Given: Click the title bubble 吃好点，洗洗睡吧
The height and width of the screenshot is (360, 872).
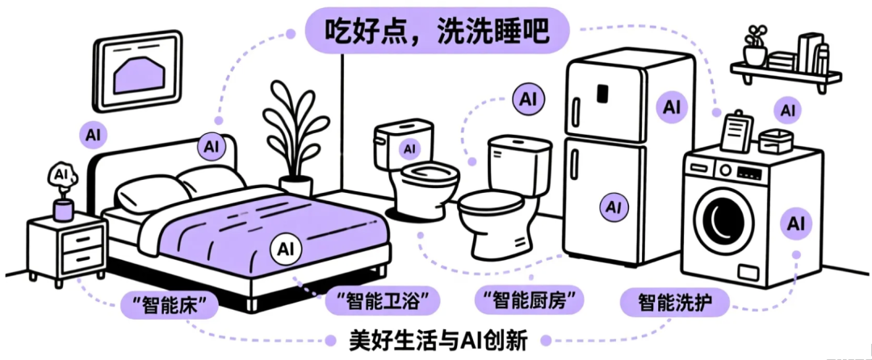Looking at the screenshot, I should pyautogui.click(x=436, y=33).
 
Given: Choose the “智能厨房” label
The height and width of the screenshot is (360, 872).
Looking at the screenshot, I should pyautogui.click(x=529, y=302).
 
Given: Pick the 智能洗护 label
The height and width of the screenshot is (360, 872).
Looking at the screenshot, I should pyautogui.click(x=676, y=303).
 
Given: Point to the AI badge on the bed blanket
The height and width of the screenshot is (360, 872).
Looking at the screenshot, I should pyautogui.click(x=286, y=246).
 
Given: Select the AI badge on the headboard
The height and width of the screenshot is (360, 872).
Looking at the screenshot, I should pyautogui.click(x=212, y=147).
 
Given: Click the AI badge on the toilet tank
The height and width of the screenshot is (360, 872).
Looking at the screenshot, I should pyautogui.click(x=410, y=149).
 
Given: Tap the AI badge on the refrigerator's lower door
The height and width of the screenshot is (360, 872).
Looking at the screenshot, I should pyautogui.click(x=614, y=207).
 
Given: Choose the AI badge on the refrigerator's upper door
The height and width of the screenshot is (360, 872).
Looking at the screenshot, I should pyautogui.click(x=672, y=106).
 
